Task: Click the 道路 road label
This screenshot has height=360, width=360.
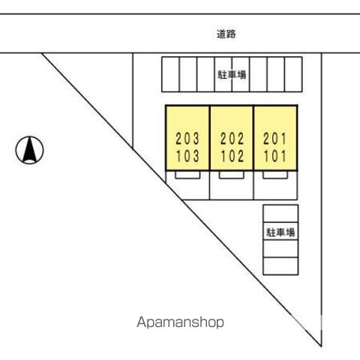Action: tap(226, 34)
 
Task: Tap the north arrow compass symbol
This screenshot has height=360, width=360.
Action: tap(29, 150)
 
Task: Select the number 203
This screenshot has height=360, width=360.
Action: tap(187, 139)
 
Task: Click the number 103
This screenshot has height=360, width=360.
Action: tap(187, 156)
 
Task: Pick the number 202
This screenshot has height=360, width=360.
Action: tap(232, 139)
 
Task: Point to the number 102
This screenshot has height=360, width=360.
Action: tap(232, 156)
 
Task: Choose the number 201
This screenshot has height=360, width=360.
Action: tap(274, 139)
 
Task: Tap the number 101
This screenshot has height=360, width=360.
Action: tap(274, 156)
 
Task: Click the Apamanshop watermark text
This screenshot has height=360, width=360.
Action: tap(180, 322)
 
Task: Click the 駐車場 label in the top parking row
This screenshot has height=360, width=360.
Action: tap(232, 74)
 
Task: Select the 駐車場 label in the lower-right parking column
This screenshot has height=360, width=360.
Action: tap(280, 232)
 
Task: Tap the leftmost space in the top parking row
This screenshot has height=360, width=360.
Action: tap(170, 74)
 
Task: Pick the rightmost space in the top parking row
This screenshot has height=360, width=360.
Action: tap(293, 74)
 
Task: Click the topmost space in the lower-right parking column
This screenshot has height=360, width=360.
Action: tap(280, 214)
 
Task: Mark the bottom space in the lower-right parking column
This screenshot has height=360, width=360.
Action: tap(280, 266)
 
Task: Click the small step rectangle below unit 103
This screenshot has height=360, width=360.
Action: tap(187, 175)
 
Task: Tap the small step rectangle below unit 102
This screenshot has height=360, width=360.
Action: tap(232, 175)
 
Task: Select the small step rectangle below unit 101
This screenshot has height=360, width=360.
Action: tap(275, 175)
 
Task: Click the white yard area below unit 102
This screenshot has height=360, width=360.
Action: tap(232, 189)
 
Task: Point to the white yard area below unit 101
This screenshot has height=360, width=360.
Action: tap(275, 189)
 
